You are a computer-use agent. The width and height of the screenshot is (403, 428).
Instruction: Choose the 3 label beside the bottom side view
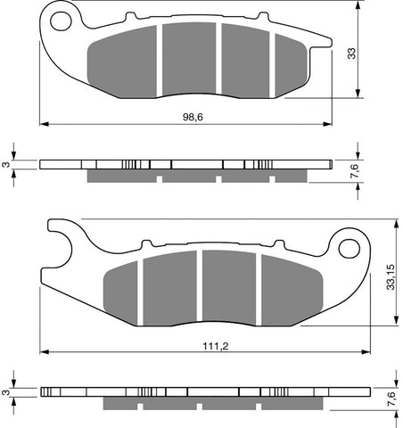click(8, 391)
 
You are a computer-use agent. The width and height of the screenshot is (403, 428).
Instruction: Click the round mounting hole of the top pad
click(61, 18)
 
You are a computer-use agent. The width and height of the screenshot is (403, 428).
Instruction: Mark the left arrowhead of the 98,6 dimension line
click(43, 123)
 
